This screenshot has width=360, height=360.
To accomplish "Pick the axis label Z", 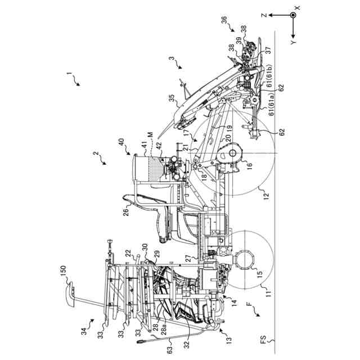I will click(x=263, y=16).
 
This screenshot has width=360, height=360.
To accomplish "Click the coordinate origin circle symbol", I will click(x=292, y=16).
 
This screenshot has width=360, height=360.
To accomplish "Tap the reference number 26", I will click(x=127, y=212).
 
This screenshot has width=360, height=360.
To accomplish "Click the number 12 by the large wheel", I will click(x=265, y=196).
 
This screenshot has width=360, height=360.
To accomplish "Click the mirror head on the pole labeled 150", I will click(x=72, y=295).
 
